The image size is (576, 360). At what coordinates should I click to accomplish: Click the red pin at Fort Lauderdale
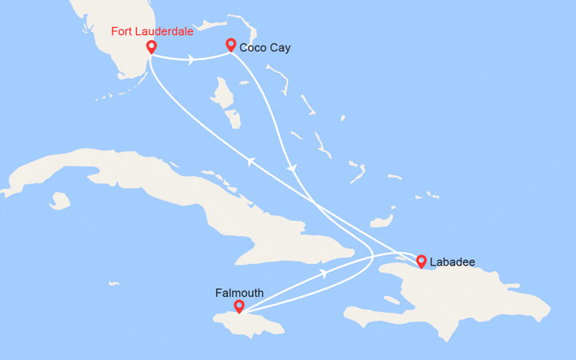pyautogui.click(x=150, y=47)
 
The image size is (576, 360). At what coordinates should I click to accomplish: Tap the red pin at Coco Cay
pyautogui.click(x=230, y=45)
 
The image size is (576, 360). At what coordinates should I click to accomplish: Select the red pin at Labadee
pyautogui.click(x=421, y=260)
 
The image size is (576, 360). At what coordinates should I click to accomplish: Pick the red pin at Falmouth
pyautogui.click(x=238, y=306)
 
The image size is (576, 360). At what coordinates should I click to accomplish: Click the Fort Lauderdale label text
pyautogui.click(x=149, y=32)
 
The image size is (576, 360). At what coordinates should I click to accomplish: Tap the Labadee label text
pyautogui.click(x=454, y=261)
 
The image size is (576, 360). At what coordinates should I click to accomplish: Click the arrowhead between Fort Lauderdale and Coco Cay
pyautogui.click(x=193, y=58)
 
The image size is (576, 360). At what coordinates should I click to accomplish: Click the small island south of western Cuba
pyautogui.click(x=60, y=197)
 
